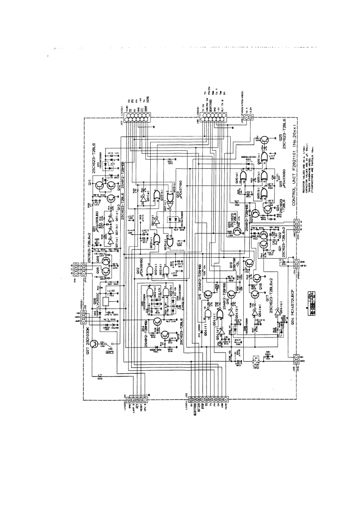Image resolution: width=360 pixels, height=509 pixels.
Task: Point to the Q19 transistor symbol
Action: [249, 263]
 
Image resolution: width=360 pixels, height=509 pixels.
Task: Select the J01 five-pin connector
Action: [132, 401]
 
